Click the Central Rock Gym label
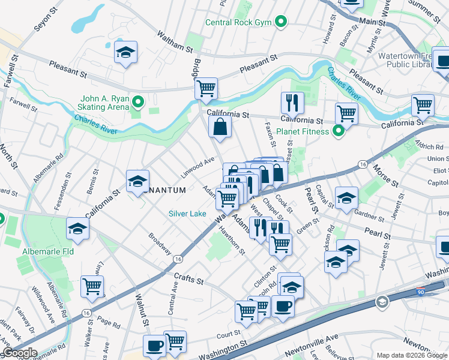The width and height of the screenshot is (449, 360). [238, 23]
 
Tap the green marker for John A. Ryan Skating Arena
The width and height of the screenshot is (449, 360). [139, 102]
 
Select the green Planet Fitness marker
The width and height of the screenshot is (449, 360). [338, 131]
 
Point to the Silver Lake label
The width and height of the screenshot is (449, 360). [187, 214]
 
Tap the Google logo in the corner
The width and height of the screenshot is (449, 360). [20, 353]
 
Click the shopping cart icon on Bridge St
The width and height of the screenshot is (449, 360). [206, 89]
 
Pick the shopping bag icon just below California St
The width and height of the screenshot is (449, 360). [220, 127]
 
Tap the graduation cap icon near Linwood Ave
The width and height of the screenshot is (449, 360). [137, 181]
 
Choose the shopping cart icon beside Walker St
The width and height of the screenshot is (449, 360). [92, 286]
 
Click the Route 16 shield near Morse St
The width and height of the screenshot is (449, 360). [362, 164]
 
